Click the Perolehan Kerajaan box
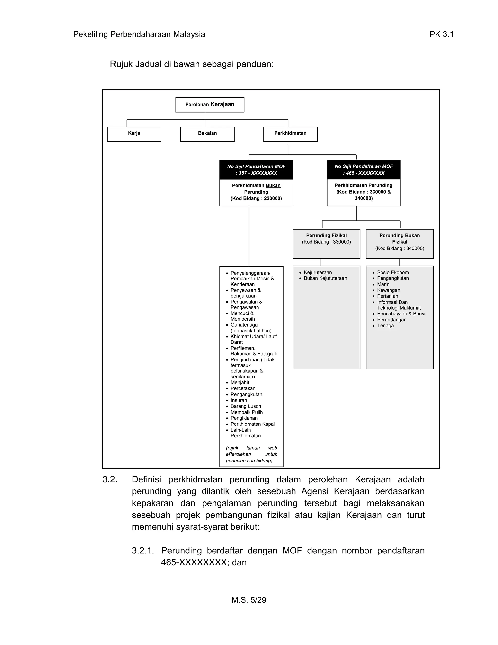[210, 105]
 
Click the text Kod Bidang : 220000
[256, 198]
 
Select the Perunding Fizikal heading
[326, 235]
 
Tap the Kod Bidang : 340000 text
[400, 248]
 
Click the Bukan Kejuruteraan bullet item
[325, 278]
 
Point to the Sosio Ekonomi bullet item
[393, 273]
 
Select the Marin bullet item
[383, 284]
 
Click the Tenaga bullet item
[385, 326]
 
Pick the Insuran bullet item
[239, 400]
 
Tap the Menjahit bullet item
[240, 382]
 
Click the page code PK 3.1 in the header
[441, 35]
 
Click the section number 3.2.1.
[143, 551]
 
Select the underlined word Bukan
[273, 185]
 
